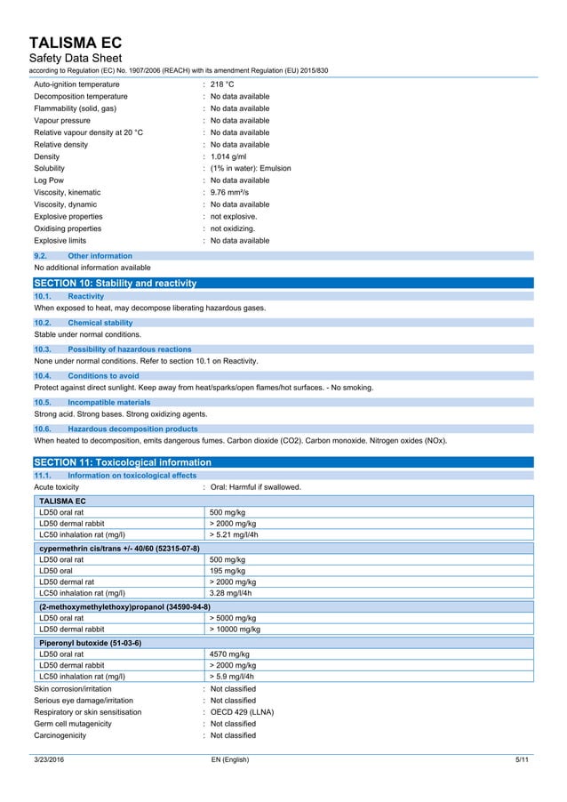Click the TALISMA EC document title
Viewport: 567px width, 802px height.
(x=75, y=42)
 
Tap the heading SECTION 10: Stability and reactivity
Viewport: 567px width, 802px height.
(x=115, y=283)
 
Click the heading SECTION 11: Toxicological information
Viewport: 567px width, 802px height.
(x=123, y=462)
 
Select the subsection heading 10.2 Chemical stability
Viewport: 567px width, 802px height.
(x=100, y=323)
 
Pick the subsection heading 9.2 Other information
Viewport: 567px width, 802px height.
(x=100, y=256)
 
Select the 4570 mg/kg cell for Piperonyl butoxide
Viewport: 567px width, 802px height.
(x=230, y=654)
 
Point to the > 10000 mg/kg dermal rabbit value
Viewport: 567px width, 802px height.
(x=235, y=630)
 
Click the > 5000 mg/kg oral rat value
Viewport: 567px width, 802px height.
(x=233, y=618)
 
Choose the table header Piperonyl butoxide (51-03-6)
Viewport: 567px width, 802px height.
(x=91, y=642)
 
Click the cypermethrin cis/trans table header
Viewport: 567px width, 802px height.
(x=120, y=548)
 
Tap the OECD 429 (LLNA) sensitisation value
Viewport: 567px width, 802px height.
(x=242, y=711)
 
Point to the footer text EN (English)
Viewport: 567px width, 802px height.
(x=229, y=760)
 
